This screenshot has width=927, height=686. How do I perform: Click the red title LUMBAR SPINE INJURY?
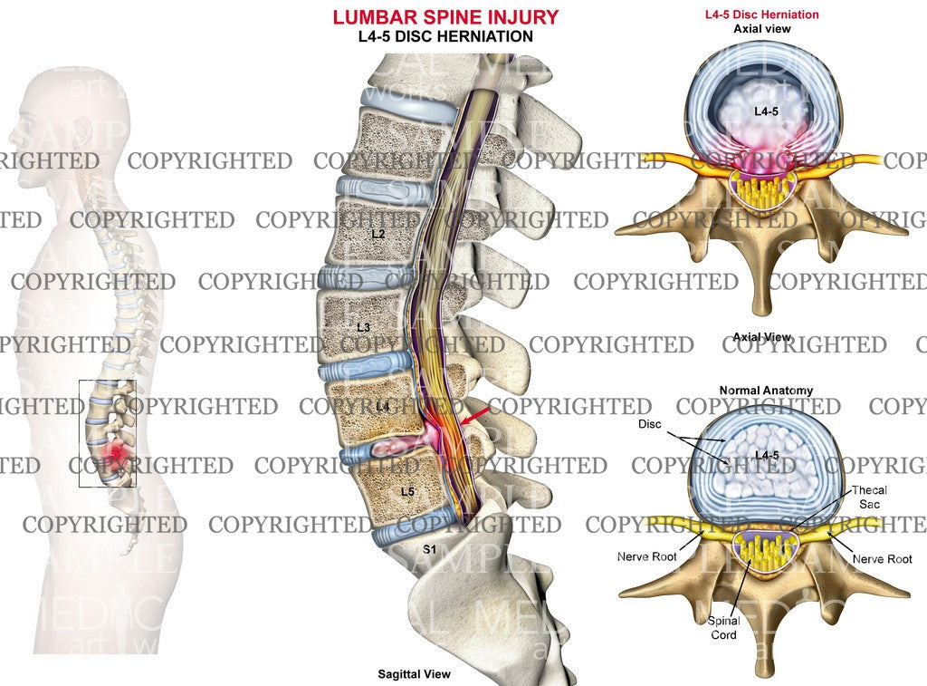tap(445, 17)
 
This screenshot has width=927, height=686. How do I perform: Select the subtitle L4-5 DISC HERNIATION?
tap(445, 36)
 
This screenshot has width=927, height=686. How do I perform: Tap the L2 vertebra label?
tap(377, 234)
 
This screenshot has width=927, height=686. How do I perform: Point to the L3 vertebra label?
tap(363, 326)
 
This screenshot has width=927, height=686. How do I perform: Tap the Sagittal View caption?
tap(414, 674)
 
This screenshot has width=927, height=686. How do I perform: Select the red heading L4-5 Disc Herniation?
tap(761, 14)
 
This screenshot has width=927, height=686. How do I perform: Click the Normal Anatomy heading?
tap(766, 391)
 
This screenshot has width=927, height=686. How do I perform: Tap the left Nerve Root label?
tap(646, 556)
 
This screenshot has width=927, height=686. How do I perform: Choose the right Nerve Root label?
tap(882, 559)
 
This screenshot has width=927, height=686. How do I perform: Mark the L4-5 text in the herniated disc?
tap(767, 110)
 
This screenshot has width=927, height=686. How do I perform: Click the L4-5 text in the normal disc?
tap(765, 453)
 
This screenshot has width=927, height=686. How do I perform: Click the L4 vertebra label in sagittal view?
tap(382, 408)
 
